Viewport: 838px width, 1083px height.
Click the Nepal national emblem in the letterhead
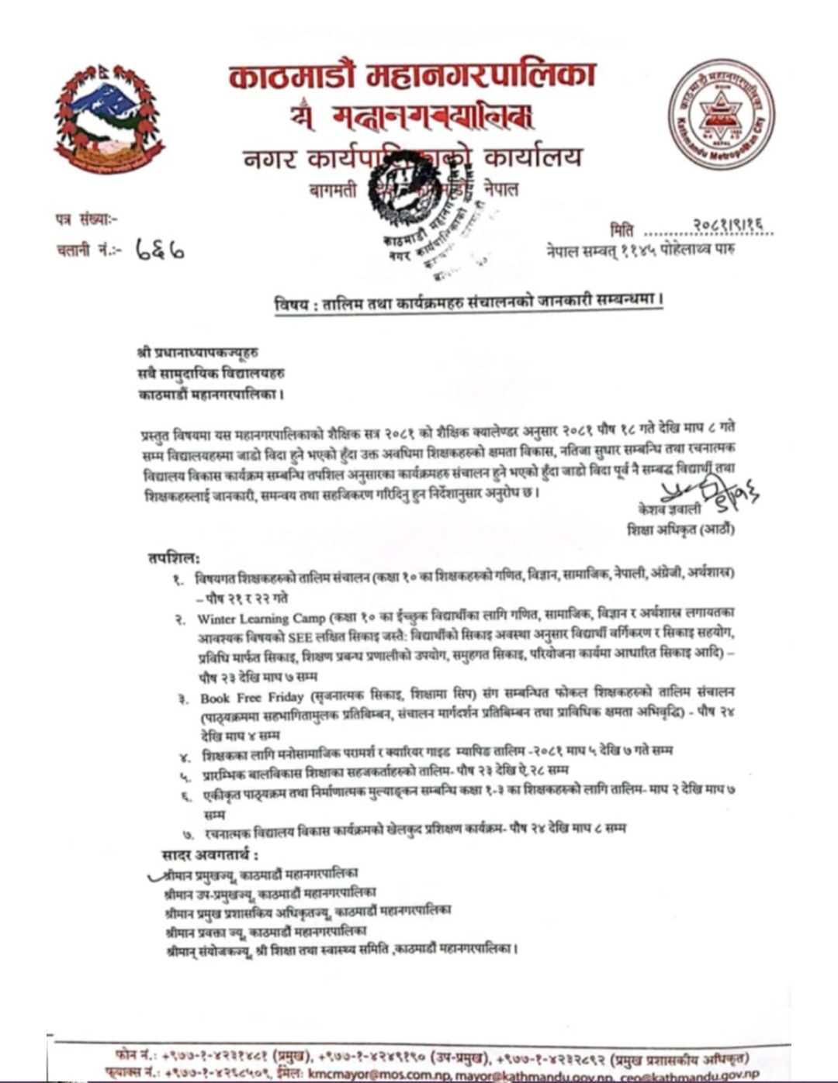point(109,119)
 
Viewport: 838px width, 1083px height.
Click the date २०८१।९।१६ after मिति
point(728,226)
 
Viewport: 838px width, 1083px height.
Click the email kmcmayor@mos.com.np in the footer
point(369,1074)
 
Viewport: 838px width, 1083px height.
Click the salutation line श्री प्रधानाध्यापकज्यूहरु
point(197,354)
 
